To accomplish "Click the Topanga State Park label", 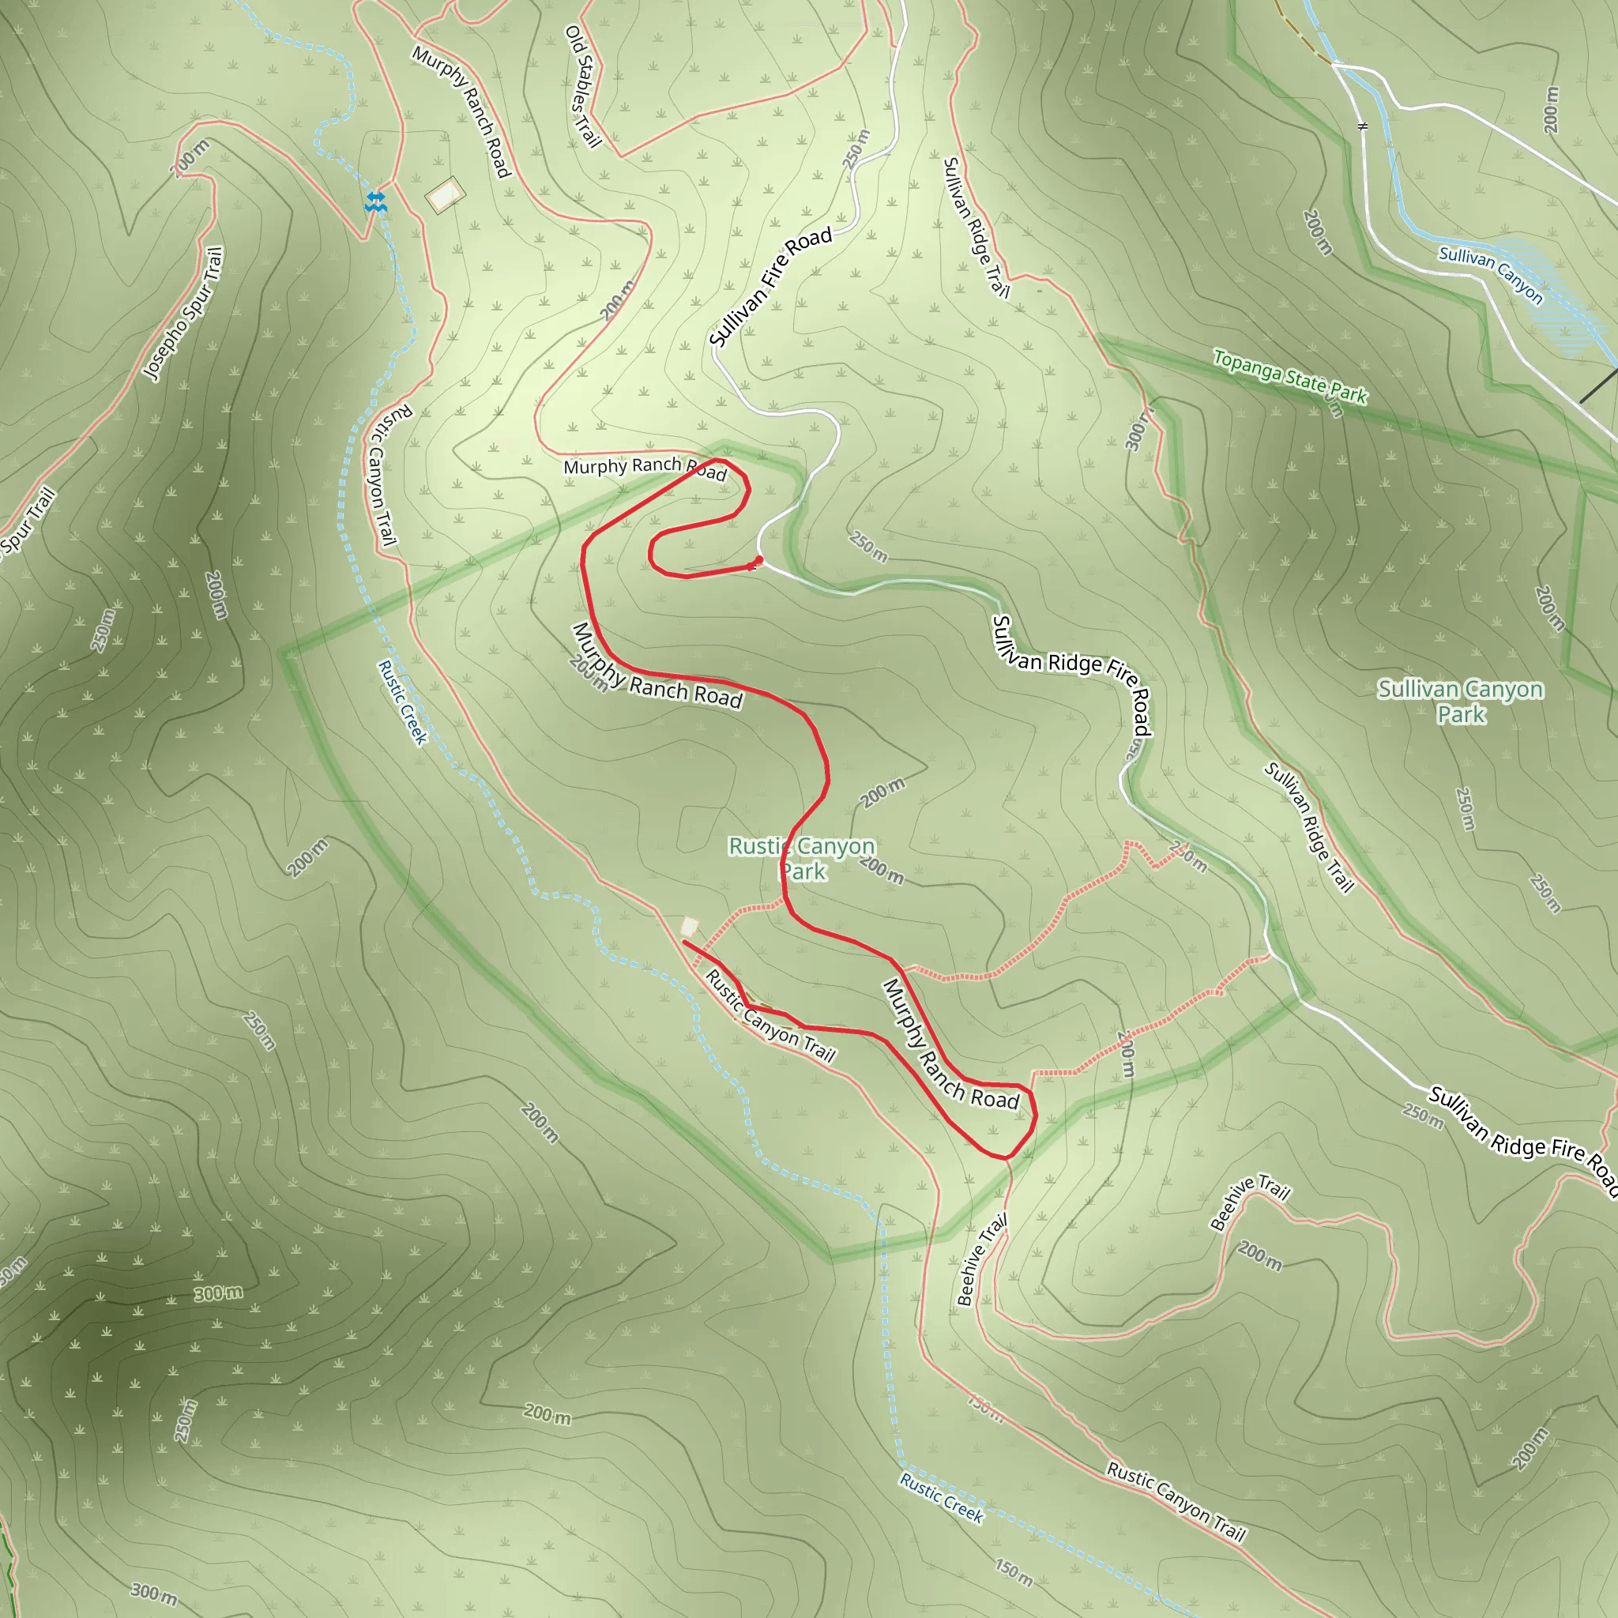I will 1289,377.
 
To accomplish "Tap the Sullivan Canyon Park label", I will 1461,702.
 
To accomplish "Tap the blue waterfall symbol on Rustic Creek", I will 376,201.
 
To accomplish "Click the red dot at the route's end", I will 758,560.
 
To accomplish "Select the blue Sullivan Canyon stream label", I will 1490,275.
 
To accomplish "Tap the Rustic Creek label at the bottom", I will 941,1497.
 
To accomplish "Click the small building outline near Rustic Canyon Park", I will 688,927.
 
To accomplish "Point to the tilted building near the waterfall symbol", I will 445,195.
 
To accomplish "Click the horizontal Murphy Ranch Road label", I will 644,468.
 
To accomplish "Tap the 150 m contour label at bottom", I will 1014,1572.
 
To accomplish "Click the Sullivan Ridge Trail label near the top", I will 976,227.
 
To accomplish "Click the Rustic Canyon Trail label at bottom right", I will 1176,1501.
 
